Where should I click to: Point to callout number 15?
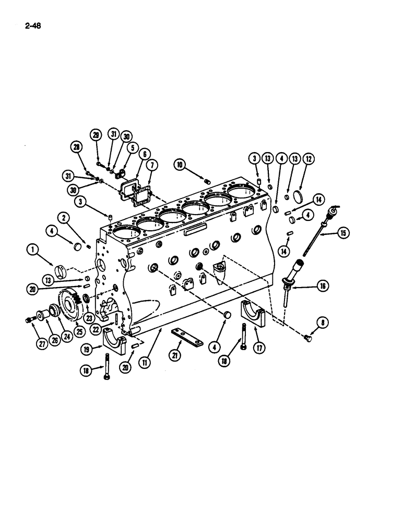click(343, 233)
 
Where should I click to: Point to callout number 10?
click(180, 165)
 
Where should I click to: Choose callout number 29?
click(96, 135)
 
